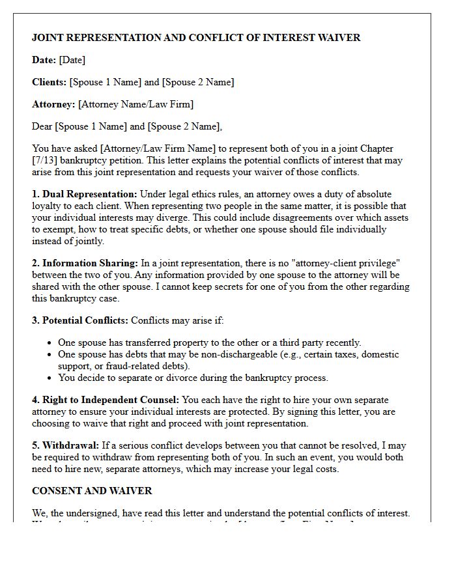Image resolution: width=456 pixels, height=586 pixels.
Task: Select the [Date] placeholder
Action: point(72,60)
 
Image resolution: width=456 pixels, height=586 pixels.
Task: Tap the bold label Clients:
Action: point(50,82)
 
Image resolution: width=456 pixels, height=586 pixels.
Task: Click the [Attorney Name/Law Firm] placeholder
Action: point(135,104)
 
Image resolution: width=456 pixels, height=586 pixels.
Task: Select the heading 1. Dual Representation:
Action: point(85,194)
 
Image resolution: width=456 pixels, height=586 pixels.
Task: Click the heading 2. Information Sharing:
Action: point(85,263)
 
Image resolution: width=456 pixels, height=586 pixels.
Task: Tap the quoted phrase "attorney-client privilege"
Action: point(343,263)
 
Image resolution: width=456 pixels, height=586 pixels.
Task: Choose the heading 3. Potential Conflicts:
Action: point(80,320)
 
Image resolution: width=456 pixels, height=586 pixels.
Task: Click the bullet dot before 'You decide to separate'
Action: point(50,378)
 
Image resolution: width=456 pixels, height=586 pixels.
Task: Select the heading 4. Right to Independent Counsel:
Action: point(106,400)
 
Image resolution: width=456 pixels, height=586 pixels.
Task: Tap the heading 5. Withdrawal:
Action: point(65,445)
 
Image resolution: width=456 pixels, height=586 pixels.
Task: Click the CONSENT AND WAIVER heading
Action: point(92,491)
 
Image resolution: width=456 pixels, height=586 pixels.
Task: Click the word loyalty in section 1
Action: point(48,206)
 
